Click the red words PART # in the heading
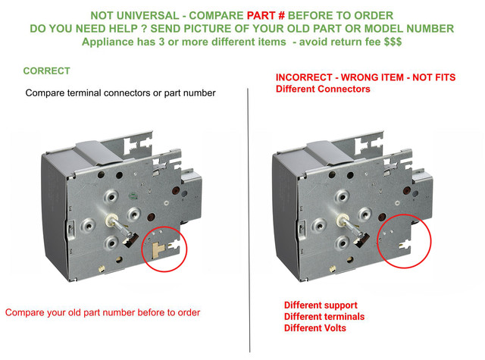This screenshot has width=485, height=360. pyautogui.click(x=261, y=15)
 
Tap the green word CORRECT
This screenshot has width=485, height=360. pyautogui.click(x=47, y=70)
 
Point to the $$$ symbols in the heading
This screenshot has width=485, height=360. pyautogui.click(x=393, y=42)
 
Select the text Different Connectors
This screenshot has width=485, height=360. pyautogui.click(x=323, y=89)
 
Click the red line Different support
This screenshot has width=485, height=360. pyautogui.click(x=321, y=305)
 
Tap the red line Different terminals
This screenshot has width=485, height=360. pyautogui.click(x=324, y=317)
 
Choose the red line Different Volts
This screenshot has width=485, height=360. pyautogui.click(x=315, y=328)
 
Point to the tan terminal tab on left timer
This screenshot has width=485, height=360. pyautogui.click(x=158, y=249)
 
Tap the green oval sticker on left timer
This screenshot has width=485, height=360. pyautogui.click(x=133, y=196)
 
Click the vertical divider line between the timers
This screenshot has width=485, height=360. pyautogui.click(x=249, y=221)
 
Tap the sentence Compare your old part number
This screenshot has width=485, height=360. pyautogui.click(x=103, y=313)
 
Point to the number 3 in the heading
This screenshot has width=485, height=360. pyautogui.click(x=161, y=42)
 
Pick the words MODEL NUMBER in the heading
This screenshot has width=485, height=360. pyautogui.click(x=409, y=29)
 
